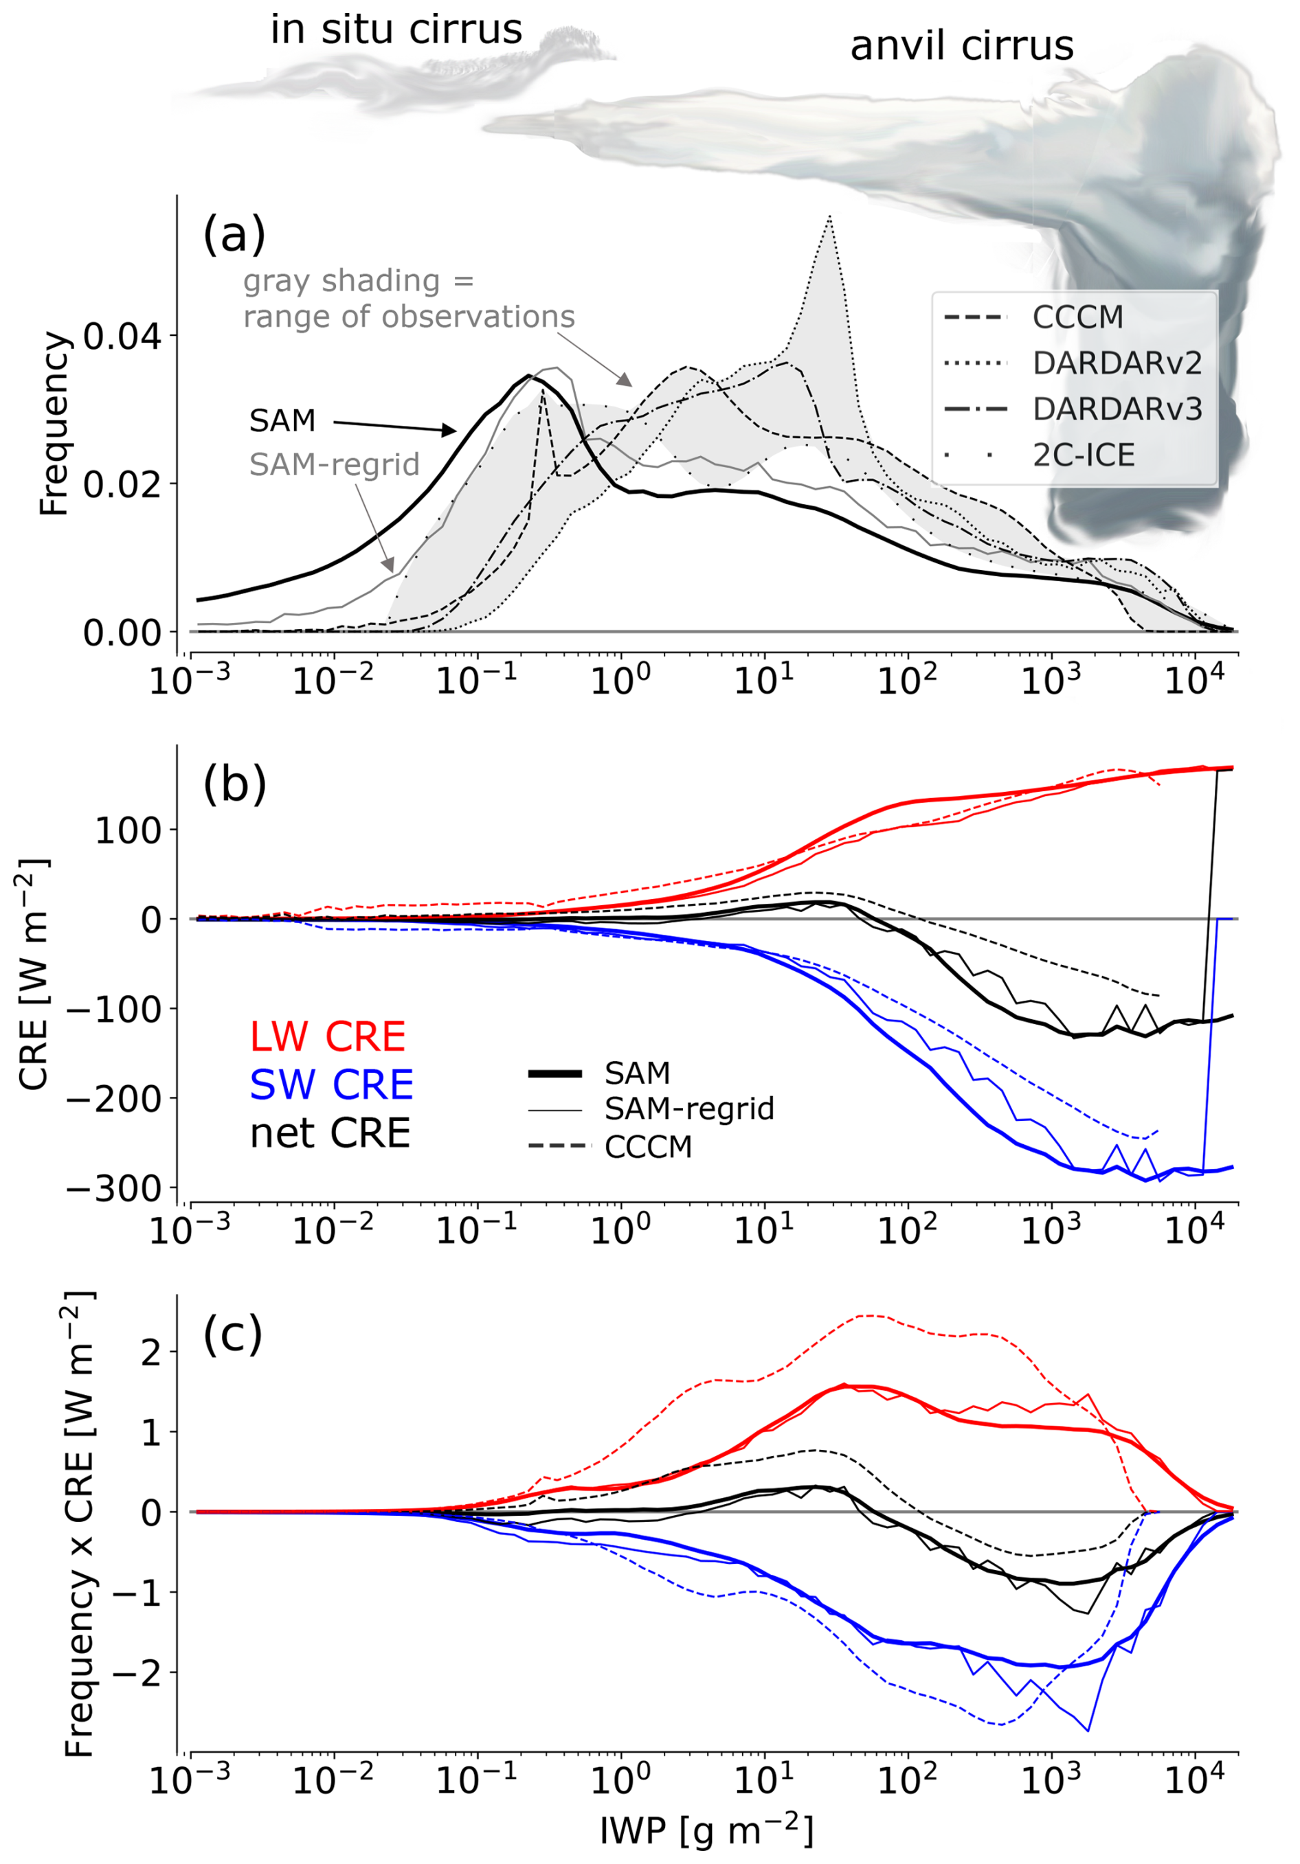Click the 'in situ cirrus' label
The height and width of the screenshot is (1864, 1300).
coord(396,30)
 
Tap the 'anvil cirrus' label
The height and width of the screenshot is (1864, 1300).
coord(961,46)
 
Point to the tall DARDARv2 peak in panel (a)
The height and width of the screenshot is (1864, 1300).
coord(829,218)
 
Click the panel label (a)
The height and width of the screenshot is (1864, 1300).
coord(234,235)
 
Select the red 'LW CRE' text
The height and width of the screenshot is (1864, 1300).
coord(327,1036)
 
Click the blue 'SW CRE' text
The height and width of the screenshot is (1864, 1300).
coord(331,1084)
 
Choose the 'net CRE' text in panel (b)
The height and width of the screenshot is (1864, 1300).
coord(330,1133)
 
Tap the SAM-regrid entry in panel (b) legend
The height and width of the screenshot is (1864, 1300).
coord(688,1109)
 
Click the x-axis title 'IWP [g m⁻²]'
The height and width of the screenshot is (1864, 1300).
coord(706,1832)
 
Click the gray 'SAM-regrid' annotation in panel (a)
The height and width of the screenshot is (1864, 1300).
coord(334,464)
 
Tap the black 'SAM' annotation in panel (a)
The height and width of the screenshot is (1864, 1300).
coord(282,420)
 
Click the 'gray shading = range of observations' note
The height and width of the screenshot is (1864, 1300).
coord(408,299)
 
